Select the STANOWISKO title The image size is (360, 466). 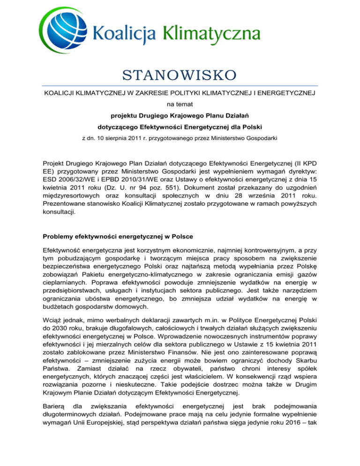(180, 75)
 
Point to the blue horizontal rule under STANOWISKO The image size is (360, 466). (180, 86)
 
